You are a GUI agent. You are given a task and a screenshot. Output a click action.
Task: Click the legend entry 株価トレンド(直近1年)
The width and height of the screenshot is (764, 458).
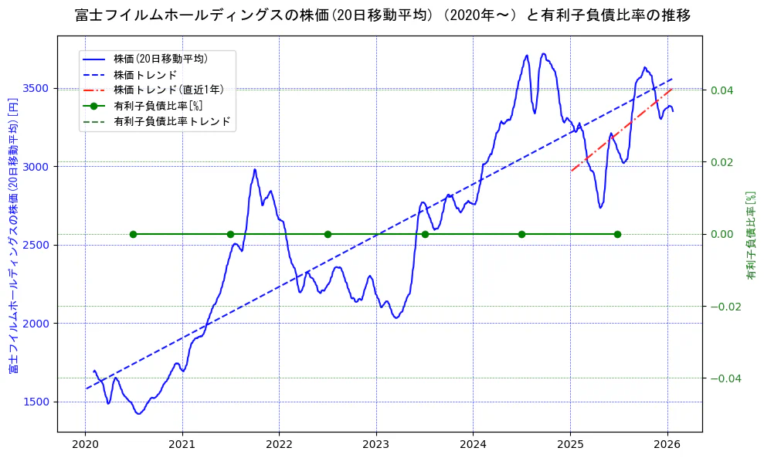point(165,90)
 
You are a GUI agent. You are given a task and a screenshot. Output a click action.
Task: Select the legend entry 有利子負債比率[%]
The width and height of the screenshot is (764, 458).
point(158,106)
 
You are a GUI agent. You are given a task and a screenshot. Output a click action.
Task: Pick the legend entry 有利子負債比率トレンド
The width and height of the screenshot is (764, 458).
point(171,121)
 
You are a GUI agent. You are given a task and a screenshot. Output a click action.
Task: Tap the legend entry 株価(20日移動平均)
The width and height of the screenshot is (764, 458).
point(160,58)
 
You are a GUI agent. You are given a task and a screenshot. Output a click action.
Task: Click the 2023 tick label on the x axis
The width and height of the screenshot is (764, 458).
point(376,445)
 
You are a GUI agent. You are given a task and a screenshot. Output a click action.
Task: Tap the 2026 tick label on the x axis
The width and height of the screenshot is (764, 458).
point(667,445)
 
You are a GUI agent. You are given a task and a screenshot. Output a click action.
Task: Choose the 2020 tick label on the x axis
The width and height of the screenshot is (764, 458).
point(85,445)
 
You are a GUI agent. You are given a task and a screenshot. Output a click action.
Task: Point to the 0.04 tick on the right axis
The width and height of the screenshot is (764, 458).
point(722,90)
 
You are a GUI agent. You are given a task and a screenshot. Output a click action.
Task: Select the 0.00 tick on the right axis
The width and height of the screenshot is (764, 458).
point(722,234)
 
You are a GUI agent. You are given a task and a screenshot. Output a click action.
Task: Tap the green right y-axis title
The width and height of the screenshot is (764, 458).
point(750,236)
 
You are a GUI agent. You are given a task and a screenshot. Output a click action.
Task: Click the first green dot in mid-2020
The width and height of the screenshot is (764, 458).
point(133,234)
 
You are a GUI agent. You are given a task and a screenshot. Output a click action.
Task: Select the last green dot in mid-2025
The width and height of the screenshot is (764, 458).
point(617,234)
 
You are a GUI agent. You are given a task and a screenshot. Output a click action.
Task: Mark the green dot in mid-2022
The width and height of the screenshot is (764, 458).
point(328,234)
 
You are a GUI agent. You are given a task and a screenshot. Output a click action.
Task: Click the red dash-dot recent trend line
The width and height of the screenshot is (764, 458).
point(622,129)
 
